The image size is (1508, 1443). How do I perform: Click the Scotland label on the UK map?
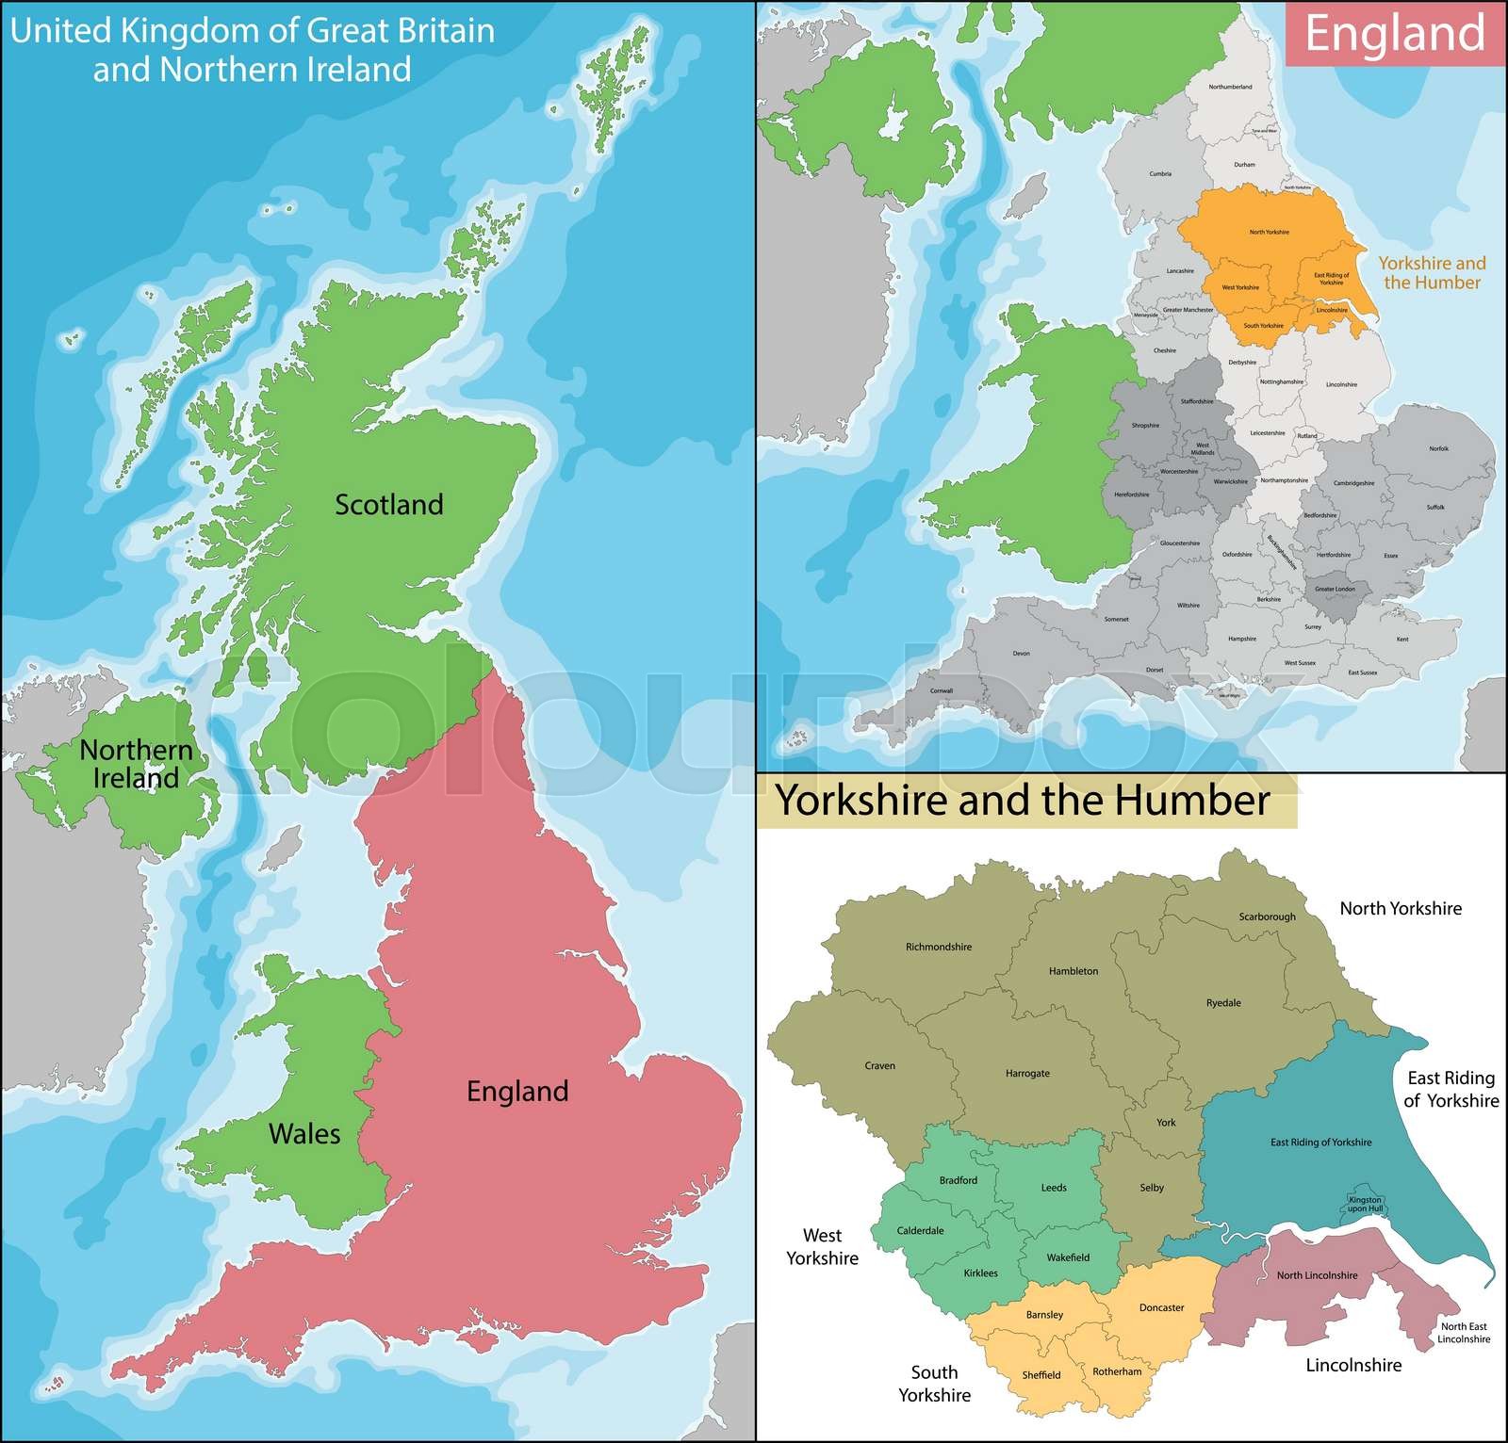pos(389,505)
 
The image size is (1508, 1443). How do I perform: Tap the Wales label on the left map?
pos(304,1133)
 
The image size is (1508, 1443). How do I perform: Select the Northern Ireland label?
pos(136,764)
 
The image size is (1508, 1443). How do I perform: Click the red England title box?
pos(1394,33)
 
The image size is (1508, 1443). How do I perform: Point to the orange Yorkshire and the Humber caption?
pos(1432,273)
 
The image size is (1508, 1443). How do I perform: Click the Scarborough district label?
pos(1267,916)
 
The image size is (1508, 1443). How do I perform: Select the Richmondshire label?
pos(938,947)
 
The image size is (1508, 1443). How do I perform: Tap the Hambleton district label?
pos(1074,971)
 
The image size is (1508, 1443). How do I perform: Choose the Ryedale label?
pos(1223,1003)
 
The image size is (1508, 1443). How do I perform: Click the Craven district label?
pos(879,1066)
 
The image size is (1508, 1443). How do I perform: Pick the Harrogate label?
pos(1027,1074)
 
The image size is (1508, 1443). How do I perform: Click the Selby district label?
pos(1152,1188)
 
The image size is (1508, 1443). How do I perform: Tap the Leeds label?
pos(1054,1188)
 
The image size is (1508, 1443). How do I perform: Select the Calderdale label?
pos(920,1231)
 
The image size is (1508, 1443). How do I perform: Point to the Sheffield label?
pos(1041,1375)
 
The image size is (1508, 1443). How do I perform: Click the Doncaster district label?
pos(1161,1307)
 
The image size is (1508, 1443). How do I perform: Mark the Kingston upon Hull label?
pos(1365,1204)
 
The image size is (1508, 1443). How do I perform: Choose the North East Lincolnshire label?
pos(1464,1333)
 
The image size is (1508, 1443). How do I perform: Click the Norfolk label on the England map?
pos(1438,448)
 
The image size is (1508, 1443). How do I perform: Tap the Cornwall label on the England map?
pos(942,690)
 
